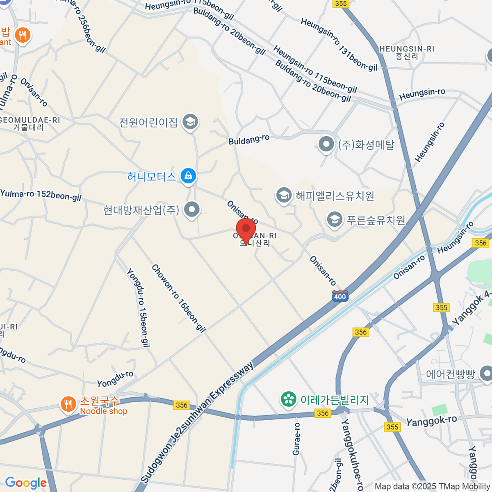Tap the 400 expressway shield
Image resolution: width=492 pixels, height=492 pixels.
pyautogui.click(x=340, y=296)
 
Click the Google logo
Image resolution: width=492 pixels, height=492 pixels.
pyautogui.click(x=26, y=483)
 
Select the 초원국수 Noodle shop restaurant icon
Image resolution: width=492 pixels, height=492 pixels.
pyautogui.click(x=67, y=404)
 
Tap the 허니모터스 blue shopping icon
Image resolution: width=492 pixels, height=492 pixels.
pyautogui.click(x=188, y=176)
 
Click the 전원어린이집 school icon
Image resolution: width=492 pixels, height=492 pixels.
pyautogui.click(x=190, y=122)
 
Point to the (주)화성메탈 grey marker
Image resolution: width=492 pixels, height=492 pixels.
pyautogui.click(x=326, y=144)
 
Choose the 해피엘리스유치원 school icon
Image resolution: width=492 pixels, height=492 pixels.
pyautogui.click(x=284, y=196)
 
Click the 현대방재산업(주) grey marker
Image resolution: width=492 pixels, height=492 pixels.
pyautogui.click(x=191, y=210)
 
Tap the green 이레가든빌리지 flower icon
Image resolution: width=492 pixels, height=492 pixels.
pyautogui.click(x=289, y=399)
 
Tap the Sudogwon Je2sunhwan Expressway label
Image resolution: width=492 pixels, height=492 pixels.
pyautogui.click(x=197, y=422)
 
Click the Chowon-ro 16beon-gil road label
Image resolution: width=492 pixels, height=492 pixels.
pyautogui.click(x=178, y=298)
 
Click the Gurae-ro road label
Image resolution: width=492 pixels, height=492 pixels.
pyautogui.click(x=296, y=439)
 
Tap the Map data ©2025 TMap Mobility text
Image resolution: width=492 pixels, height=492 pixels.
pyautogui.click(x=432, y=487)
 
